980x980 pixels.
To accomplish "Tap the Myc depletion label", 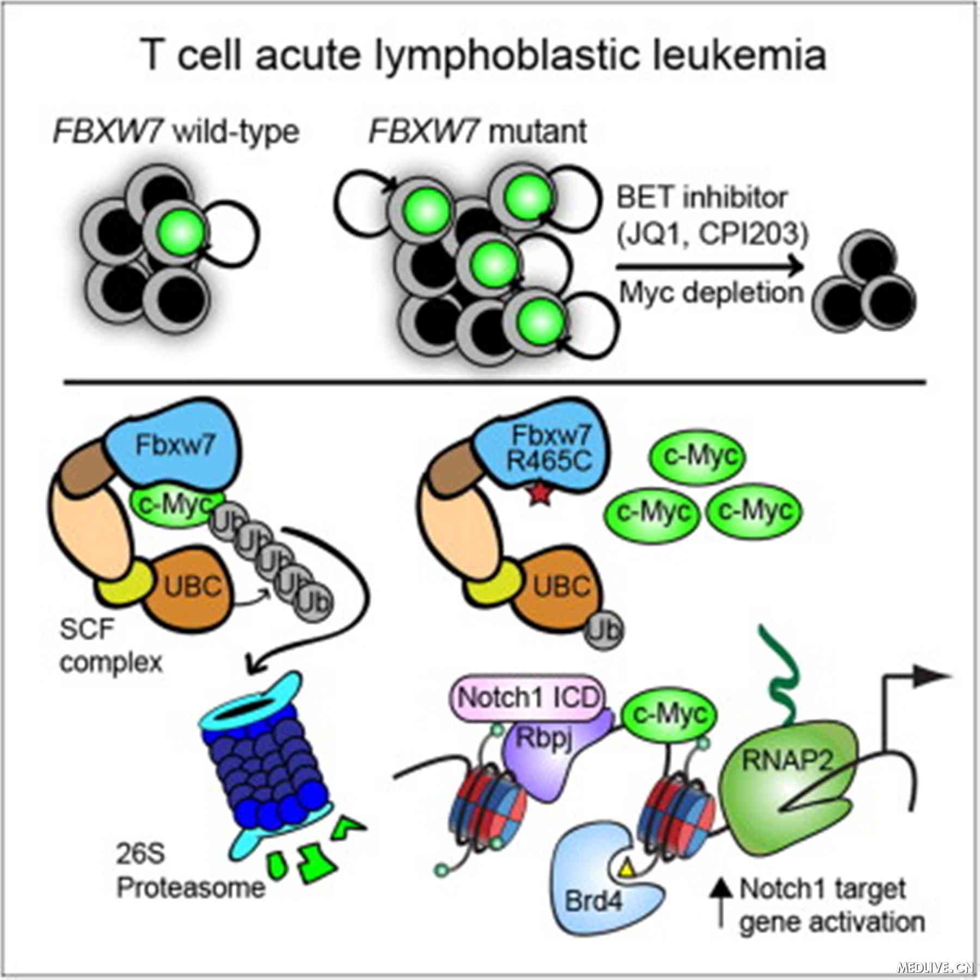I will pyautogui.click(x=711, y=293).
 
